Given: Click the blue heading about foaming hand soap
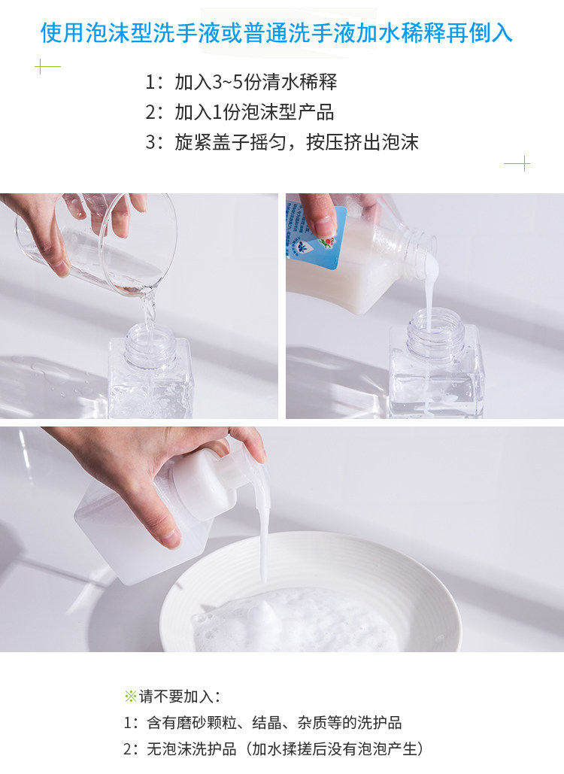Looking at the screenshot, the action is (276, 33).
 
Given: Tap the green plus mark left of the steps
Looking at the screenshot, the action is (48, 66).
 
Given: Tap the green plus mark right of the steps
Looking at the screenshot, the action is (517, 163).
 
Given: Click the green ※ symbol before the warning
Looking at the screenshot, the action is (131, 697).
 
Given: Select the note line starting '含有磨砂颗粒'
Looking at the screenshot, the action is (262, 723).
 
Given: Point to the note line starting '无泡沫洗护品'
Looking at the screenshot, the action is (274, 749).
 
